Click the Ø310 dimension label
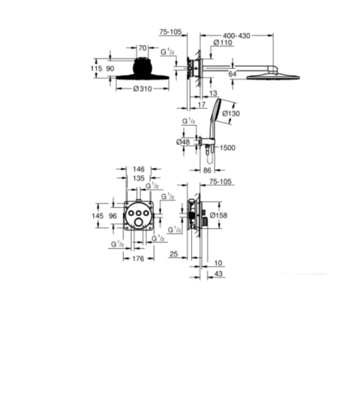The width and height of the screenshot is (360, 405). point(142,88)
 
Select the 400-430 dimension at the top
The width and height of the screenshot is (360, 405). point(236,36)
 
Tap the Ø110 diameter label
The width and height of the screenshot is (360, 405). point(223,43)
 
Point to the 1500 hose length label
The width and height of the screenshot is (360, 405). point(227,148)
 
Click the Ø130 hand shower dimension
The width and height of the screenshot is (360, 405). point(231,113)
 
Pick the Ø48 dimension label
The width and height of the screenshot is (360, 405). point(183,142)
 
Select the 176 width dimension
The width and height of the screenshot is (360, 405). point(138,259)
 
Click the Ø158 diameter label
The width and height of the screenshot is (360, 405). point(218,215)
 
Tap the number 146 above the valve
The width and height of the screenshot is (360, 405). point(139,169)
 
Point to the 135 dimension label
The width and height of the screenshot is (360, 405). point(139,178)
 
